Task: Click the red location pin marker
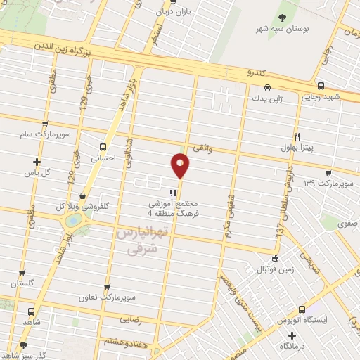tap(181, 166)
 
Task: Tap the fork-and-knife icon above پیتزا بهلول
tap(297, 136)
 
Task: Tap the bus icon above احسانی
tap(103, 147)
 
